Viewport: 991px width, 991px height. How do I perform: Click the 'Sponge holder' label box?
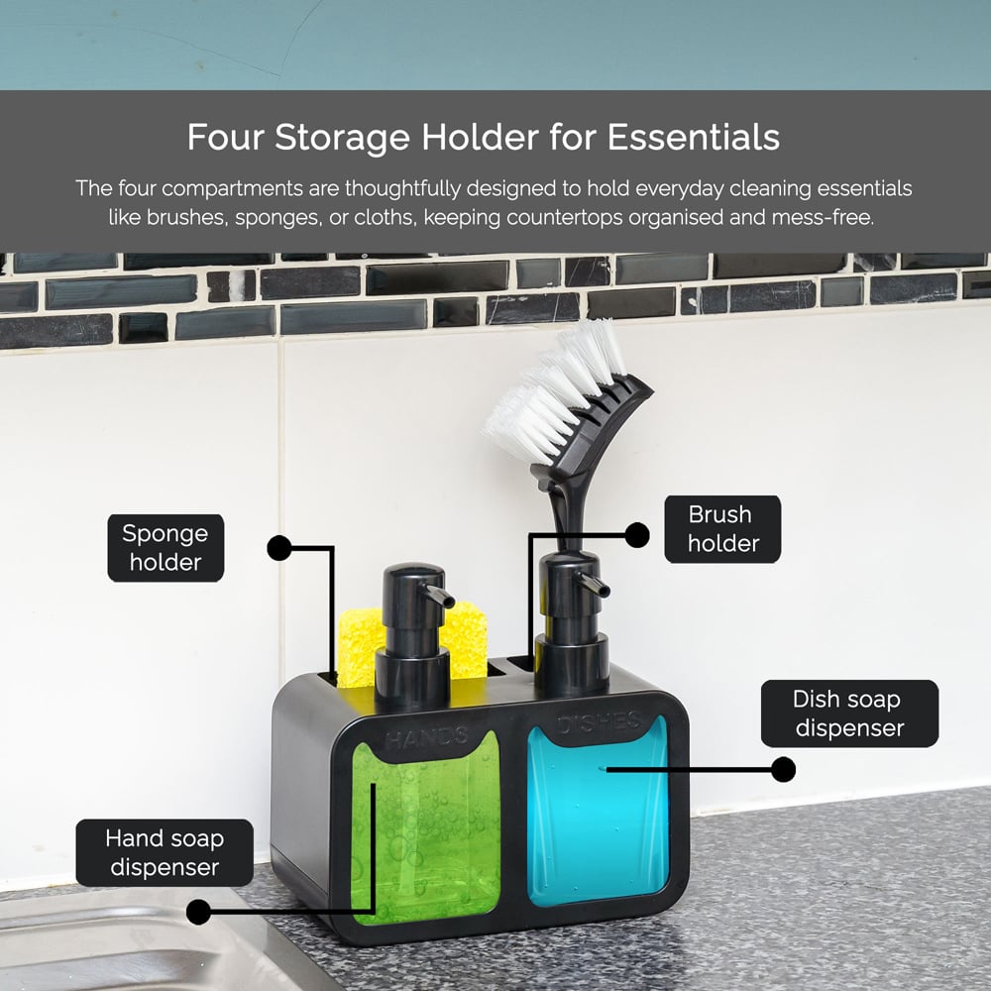click(165, 548)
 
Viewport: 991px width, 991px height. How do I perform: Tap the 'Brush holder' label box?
click(722, 529)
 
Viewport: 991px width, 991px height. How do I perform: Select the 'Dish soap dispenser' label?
click(849, 714)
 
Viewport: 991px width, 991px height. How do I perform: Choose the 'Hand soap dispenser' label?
click(165, 852)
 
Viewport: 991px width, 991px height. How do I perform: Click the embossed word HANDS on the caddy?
click(426, 736)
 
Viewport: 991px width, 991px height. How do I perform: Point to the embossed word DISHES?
click(599, 721)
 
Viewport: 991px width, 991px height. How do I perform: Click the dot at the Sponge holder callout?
click(279, 548)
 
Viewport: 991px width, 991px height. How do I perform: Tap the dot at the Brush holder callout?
click(637, 535)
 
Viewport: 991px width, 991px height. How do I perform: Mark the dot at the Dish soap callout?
click(784, 770)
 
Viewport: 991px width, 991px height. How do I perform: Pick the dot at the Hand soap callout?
click(199, 912)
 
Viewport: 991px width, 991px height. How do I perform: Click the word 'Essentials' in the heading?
click(694, 137)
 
